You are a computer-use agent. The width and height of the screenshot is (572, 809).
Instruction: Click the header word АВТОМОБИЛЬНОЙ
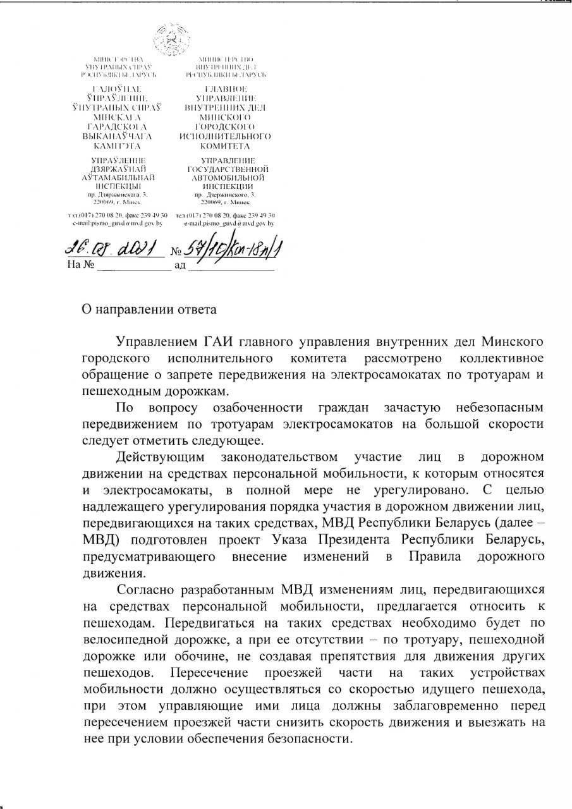(228, 178)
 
